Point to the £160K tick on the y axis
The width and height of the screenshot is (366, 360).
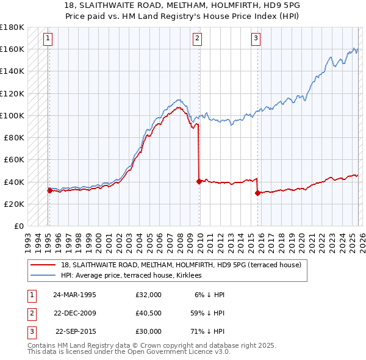coord(12,49)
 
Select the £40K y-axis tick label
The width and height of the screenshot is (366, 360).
coord(14,182)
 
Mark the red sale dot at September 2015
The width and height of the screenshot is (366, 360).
coord(257,193)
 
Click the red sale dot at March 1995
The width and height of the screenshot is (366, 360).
coord(49,190)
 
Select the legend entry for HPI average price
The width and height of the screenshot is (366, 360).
coord(135,275)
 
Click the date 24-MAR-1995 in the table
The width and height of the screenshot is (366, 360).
coord(74,295)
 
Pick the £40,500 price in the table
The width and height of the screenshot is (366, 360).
coord(149,313)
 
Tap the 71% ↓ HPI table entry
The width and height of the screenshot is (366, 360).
coord(207,331)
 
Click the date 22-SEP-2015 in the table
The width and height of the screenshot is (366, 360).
coord(76,331)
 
